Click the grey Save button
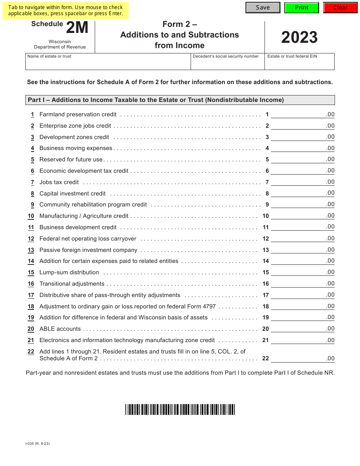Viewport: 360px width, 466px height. [x=263, y=8]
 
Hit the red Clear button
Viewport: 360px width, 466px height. [x=340, y=8]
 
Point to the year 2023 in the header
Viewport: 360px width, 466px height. [x=299, y=38]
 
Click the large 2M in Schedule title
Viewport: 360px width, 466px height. [x=77, y=28]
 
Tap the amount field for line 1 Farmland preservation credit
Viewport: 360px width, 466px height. [x=302, y=114]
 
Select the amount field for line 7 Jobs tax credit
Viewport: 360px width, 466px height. [x=302, y=182]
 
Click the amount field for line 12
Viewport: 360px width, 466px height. [x=302, y=238]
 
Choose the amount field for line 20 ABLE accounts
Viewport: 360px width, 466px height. [x=302, y=328]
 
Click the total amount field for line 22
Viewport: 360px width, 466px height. [x=302, y=358]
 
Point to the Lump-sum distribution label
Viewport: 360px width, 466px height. [x=69, y=272]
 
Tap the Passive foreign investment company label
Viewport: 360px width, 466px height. [x=88, y=250]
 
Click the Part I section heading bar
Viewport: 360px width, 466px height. [x=180, y=100]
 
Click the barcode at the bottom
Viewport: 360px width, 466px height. [x=180, y=410]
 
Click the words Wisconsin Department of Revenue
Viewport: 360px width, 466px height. [x=60, y=44]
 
